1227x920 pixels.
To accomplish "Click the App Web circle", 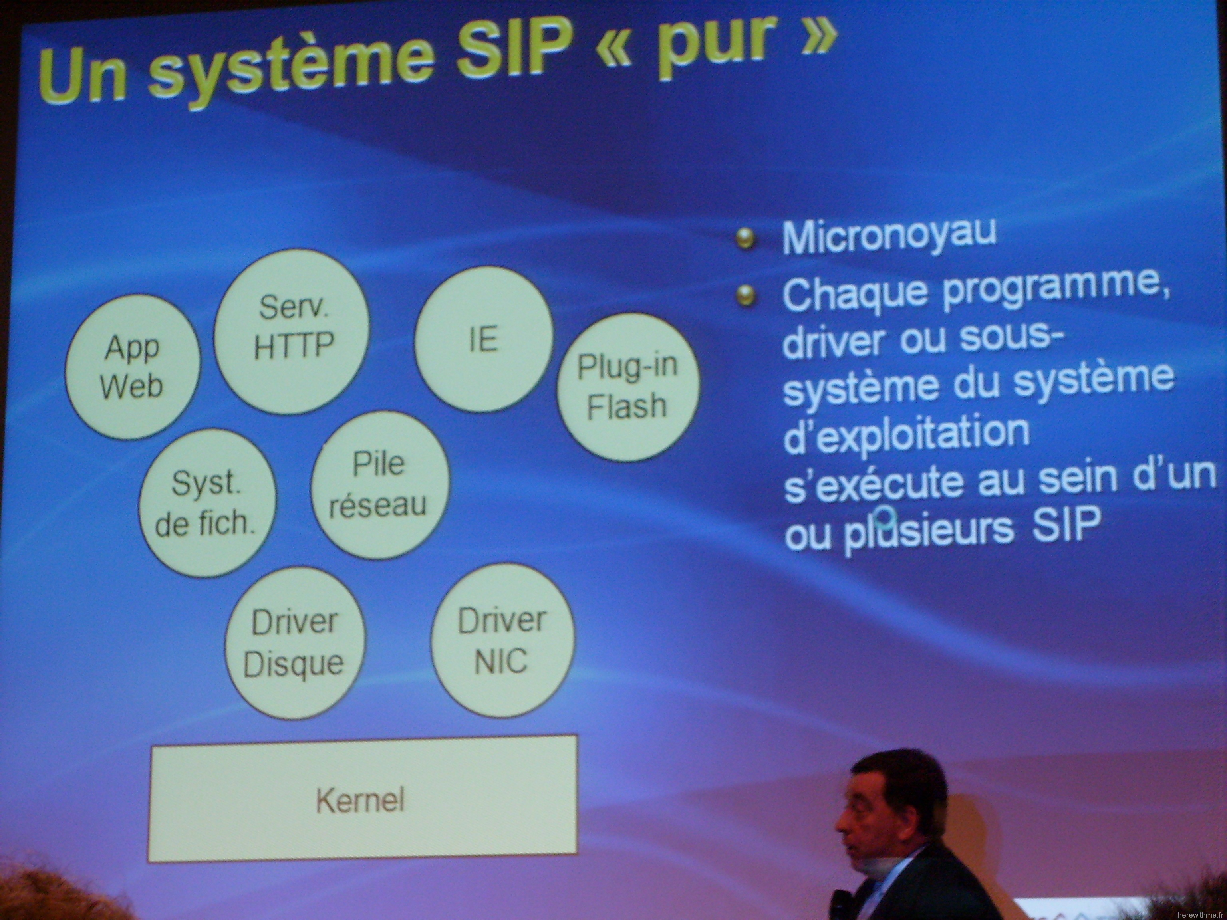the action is (x=133, y=367).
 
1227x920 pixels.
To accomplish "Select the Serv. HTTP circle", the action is (x=292, y=331).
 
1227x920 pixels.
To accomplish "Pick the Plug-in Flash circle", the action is (x=628, y=387).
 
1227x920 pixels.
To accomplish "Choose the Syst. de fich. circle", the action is (x=207, y=503).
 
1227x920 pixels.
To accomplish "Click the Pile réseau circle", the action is (x=380, y=485).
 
